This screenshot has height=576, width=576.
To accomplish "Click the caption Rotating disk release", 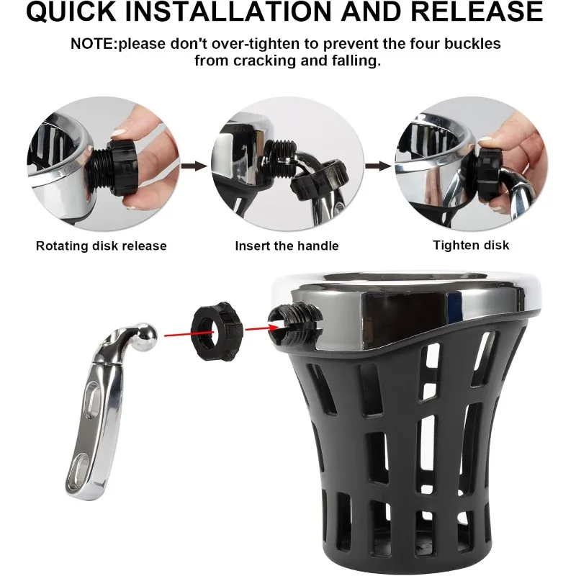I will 102,246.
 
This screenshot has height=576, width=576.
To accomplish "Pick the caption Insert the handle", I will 287,246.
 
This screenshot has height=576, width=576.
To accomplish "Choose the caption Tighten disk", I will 471,246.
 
